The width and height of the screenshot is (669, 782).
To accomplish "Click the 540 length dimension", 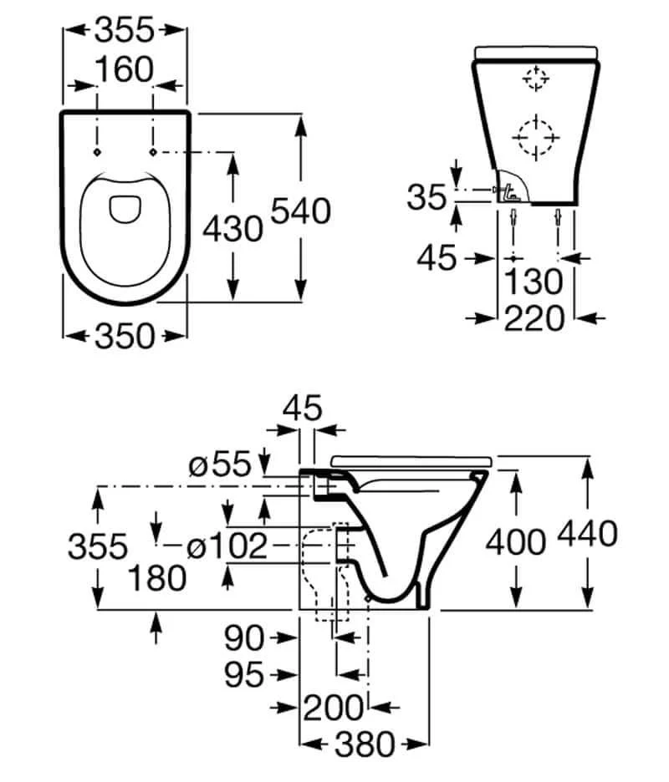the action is click(x=300, y=211).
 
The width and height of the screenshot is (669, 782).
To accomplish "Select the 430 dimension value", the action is click(x=232, y=229).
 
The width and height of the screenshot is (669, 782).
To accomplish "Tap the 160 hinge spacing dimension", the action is click(x=125, y=69).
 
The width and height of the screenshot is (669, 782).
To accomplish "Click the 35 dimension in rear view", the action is click(x=426, y=196).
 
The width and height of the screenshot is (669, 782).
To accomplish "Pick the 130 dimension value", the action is click(x=534, y=282).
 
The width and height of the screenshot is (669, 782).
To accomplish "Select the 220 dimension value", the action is click(x=534, y=318).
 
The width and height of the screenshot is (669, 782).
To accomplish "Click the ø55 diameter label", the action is click(x=220, y=464).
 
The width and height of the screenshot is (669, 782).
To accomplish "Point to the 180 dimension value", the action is click(x=157, y=578).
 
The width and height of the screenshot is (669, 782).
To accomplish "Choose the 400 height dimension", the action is click(x=516, y=542).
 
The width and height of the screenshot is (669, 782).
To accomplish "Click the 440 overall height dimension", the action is click(x=588, y=533).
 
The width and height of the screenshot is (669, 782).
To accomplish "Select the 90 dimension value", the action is click(x=243, y=637).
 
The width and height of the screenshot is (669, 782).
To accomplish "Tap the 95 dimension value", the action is click(x=243, y=675).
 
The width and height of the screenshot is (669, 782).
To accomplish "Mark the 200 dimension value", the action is click(x=333, y=708).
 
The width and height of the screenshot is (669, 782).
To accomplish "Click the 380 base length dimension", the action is click(x=365, y=744).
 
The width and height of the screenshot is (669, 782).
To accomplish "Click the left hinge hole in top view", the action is click(x=97, y=152).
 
